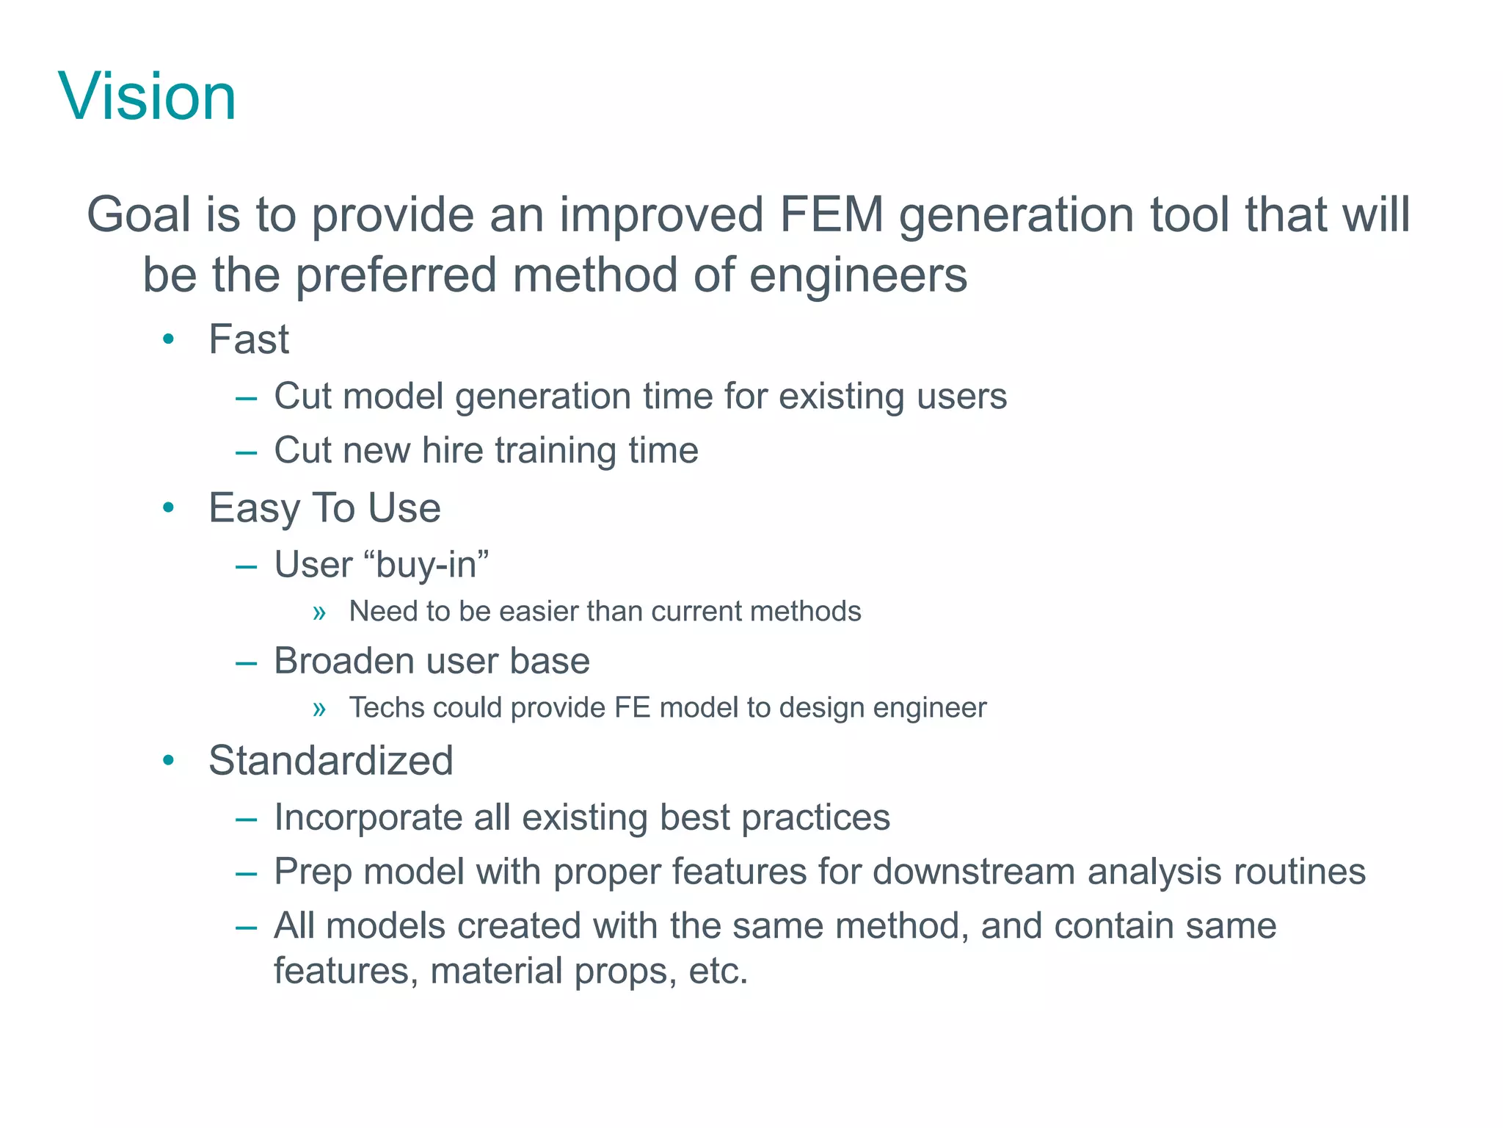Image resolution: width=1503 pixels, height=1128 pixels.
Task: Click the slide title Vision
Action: [148, 96]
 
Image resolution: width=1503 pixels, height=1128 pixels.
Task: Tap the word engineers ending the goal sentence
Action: [858, 275]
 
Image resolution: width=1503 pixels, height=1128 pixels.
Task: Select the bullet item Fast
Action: [249, 339]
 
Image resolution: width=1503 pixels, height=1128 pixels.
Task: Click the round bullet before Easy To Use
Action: [169, 507]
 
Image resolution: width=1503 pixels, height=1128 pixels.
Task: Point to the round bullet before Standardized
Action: [169, 760]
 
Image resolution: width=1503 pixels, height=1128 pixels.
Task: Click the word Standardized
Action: [330, 760]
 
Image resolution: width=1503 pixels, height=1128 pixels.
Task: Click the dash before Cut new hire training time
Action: [246, 452]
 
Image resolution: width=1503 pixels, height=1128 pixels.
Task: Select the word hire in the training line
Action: [453, 450]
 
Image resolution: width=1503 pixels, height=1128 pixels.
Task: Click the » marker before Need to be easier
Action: [319, 612]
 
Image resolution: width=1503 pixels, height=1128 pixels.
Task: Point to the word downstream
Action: [973, 872]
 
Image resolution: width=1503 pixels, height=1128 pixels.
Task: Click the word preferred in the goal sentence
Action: [396, 275]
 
